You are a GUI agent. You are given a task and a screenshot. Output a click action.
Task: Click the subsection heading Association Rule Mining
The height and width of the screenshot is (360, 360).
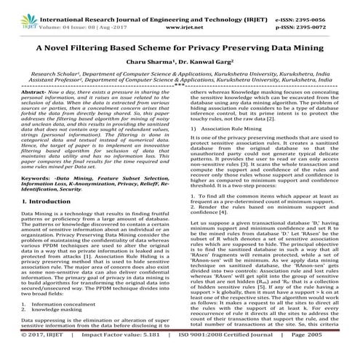pos(237,157)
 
